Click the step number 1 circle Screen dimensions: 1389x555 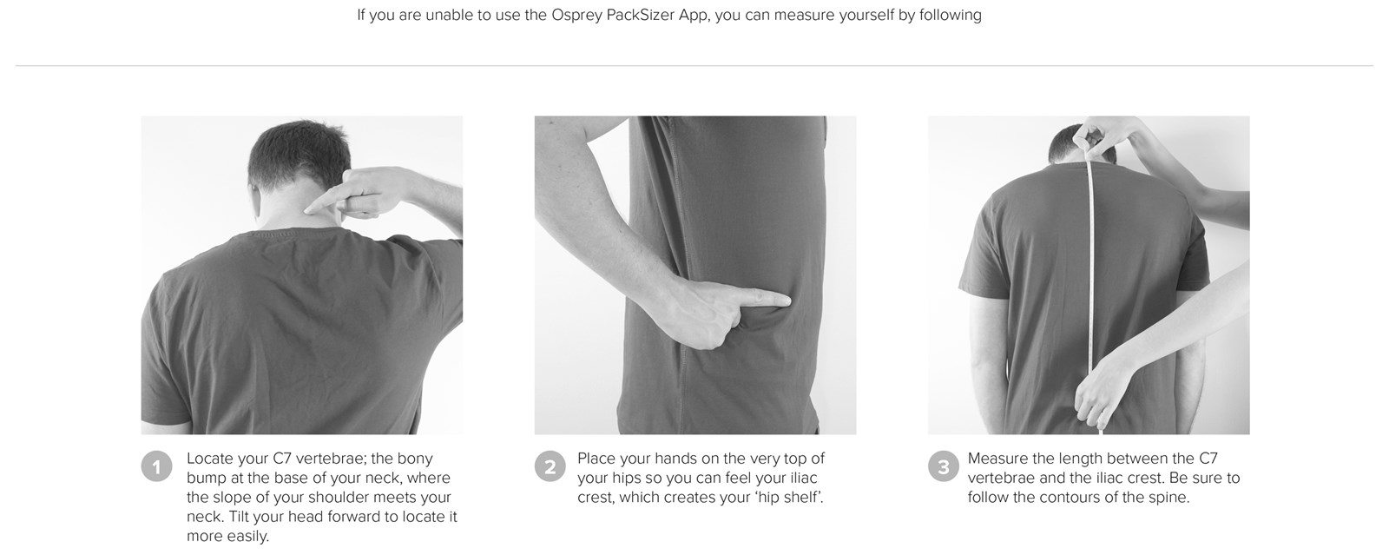[156, 466]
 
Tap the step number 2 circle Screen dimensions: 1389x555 [550, 466]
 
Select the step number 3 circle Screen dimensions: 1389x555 [944, 466]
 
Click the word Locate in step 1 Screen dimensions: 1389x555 [209, 459]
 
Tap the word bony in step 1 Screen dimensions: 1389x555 [415, 459]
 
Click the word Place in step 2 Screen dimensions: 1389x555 [596, 459]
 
